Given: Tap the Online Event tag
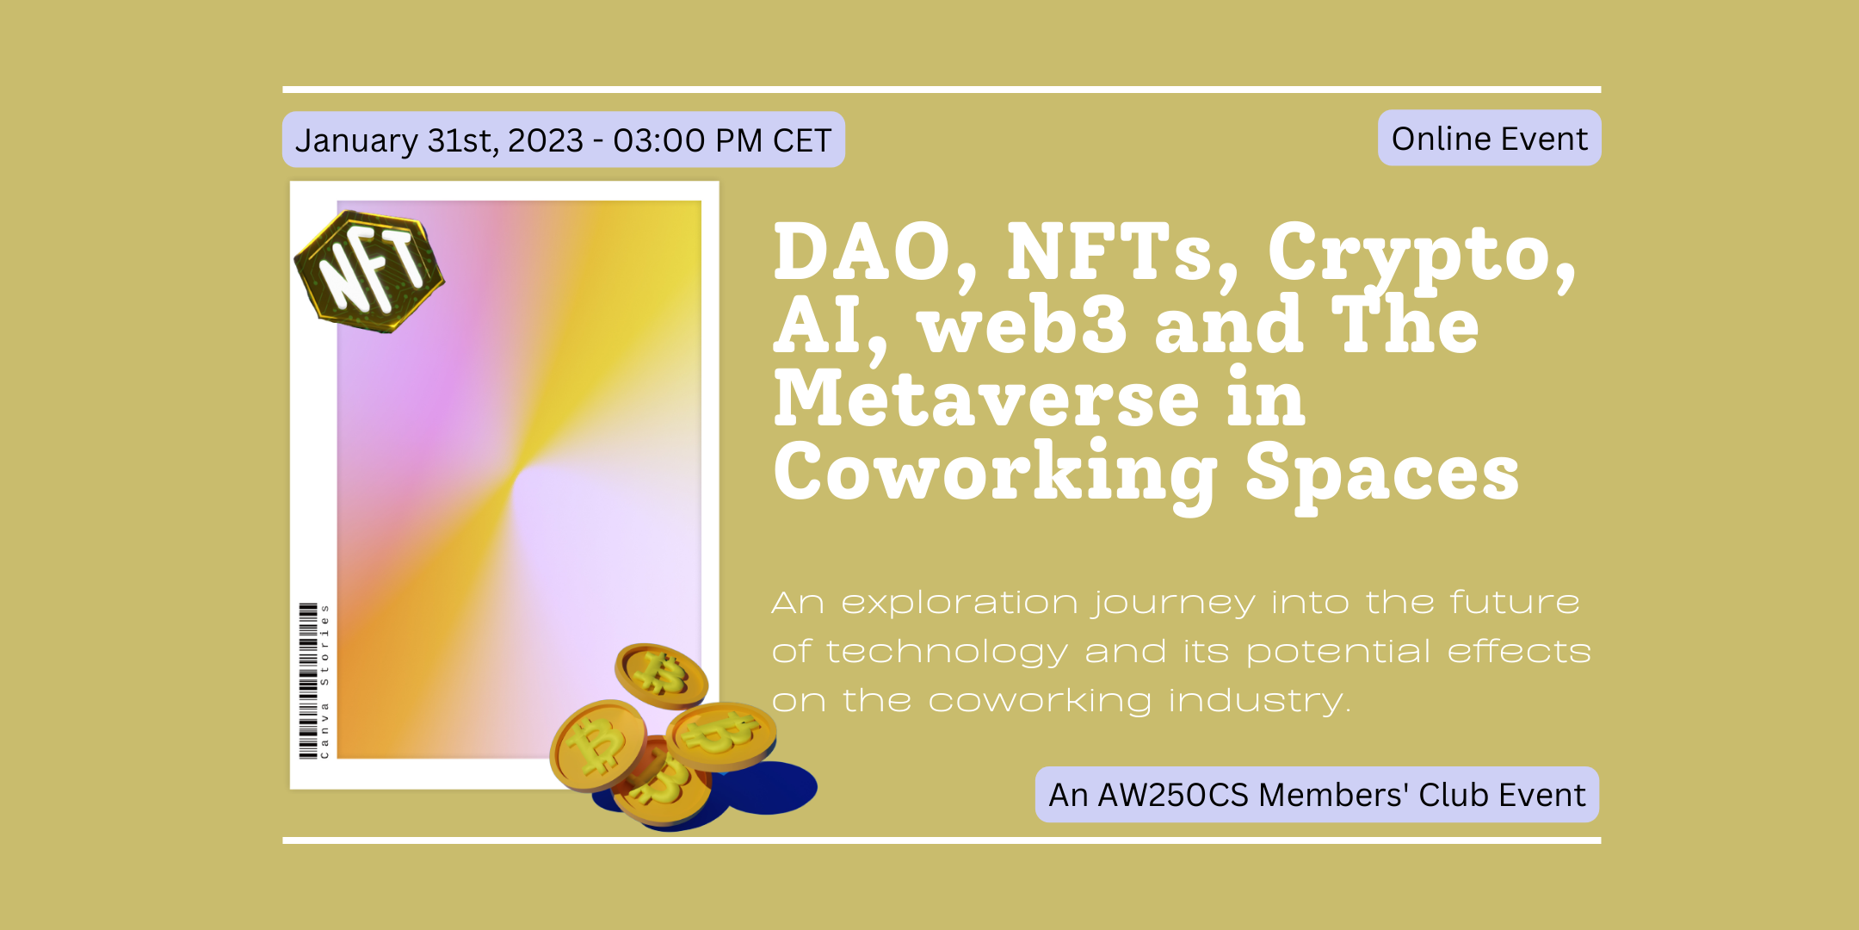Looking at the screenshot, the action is pyautogui.click(x=1489, y=138).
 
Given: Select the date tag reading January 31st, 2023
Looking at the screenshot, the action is pyautogui.click(x=563, y=139).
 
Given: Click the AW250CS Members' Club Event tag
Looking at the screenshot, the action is pyautogui.click(x=1317, y=794).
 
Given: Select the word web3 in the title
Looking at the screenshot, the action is pyautogui.click(x=1022, y=325).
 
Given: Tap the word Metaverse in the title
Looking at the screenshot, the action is pyautogui.click(x=986, y=399).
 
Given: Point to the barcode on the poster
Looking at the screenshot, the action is pyautogui.click(x=307, y=681).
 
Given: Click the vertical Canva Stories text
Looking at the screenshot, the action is pyautogui.click(x=324, y=681).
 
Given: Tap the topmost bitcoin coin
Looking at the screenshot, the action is pyautogui.click(x=661, y=674).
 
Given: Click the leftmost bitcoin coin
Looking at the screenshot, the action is pyautogui.click(x=598, y=746).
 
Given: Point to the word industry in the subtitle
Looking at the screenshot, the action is pyautogui.click(x=1259, y=703).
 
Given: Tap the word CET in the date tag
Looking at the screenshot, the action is pyautogui.click(x=802, y=140).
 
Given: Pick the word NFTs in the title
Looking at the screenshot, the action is pyautogui.click(x=1122, y=253).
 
